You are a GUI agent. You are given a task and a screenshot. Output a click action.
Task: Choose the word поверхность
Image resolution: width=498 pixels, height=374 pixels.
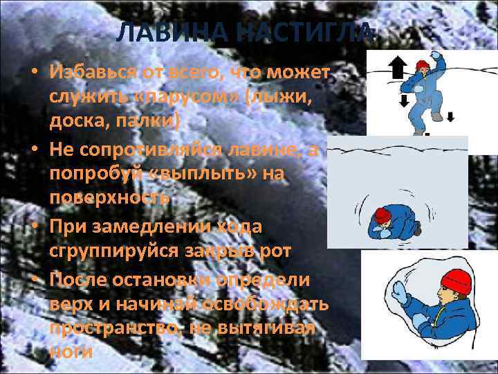pos(109,197)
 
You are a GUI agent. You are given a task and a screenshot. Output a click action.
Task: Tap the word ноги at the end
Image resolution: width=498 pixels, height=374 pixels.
pos(71,350)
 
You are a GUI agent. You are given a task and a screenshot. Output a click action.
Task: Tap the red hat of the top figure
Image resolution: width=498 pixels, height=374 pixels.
pos(422,66)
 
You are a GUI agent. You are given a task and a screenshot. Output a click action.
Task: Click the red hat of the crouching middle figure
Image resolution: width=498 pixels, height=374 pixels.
pos(382,217)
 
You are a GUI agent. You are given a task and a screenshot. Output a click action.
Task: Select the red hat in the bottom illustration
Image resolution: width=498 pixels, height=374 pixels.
pos(454,280)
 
